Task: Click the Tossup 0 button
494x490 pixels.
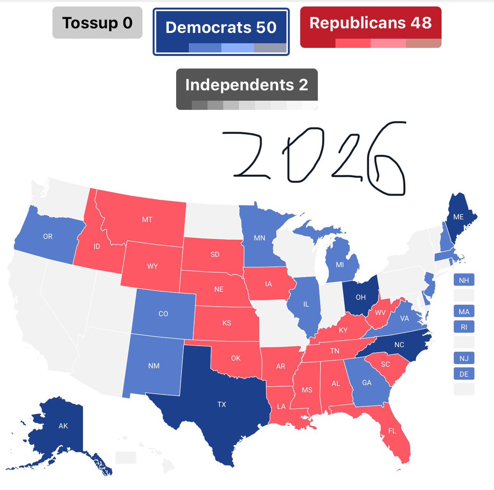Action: (97, 23)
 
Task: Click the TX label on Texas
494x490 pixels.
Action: (221, 404)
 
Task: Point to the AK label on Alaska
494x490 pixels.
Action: (63, 426)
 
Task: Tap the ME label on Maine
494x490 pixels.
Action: (458, 217)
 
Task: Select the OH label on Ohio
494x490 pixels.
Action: (361, 297)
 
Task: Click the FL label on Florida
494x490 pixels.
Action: (392, 431)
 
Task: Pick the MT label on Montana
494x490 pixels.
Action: (147, 220)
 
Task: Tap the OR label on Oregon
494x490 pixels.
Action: (48, 237)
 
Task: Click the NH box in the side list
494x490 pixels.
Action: (464, 280)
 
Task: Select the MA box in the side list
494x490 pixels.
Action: (464, 311)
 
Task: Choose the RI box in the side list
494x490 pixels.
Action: (464, 327)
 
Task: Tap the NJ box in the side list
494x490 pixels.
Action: (464, 358)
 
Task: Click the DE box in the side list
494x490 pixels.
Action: (464, 374)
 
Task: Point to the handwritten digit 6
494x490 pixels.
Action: (387, 165)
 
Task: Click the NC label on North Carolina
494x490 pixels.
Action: (399, 345)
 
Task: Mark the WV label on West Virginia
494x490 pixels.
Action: (380, 313)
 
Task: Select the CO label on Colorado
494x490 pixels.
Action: (163, 314)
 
